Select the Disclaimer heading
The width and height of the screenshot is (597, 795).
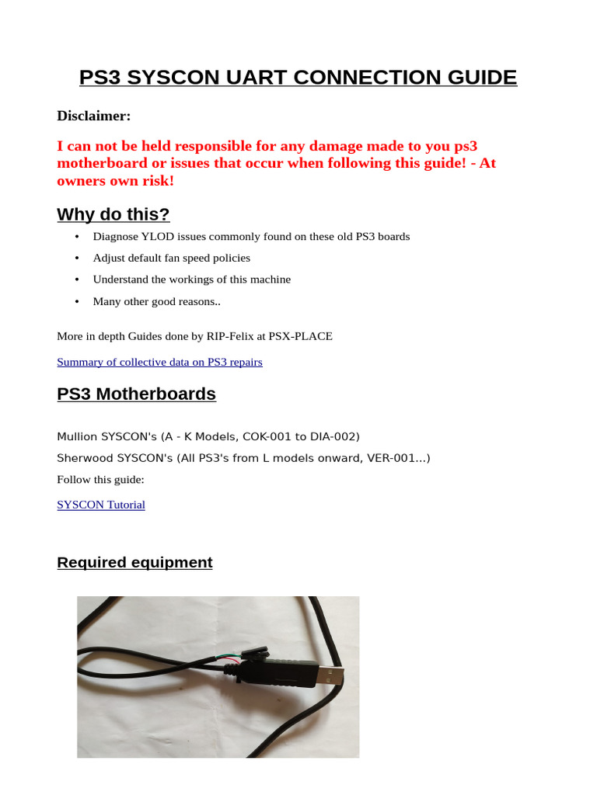tap(94, 116)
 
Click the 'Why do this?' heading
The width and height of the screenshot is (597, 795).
tap(113, 214)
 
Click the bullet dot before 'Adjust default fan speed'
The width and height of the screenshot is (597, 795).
tap(77, 258)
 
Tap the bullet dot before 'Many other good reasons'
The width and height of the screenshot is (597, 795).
tap(77, 301)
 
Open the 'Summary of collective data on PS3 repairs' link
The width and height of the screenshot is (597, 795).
tap(159, 362)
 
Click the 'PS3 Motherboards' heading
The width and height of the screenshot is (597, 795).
tap(136, 394)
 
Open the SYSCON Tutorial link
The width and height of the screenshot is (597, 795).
tap(101, 505)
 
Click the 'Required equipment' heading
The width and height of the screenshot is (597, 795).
tap(134, 562)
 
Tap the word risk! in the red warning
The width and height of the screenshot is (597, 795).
tap(155, 180)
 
